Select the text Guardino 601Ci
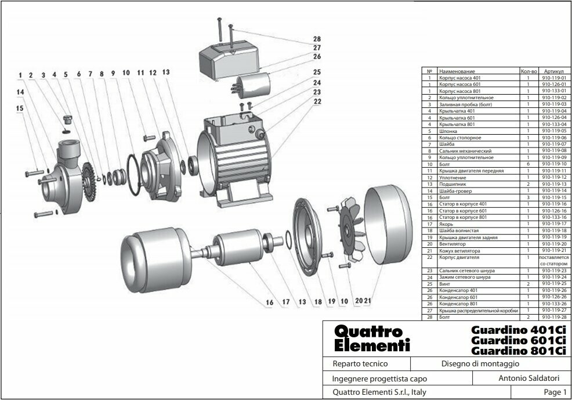[518, 340]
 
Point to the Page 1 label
[555, 392]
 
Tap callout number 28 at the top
[317, 39]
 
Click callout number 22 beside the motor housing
[317, 101]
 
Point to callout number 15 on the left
[20, 107]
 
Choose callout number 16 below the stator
[269, 302]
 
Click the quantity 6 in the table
[528, 164]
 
